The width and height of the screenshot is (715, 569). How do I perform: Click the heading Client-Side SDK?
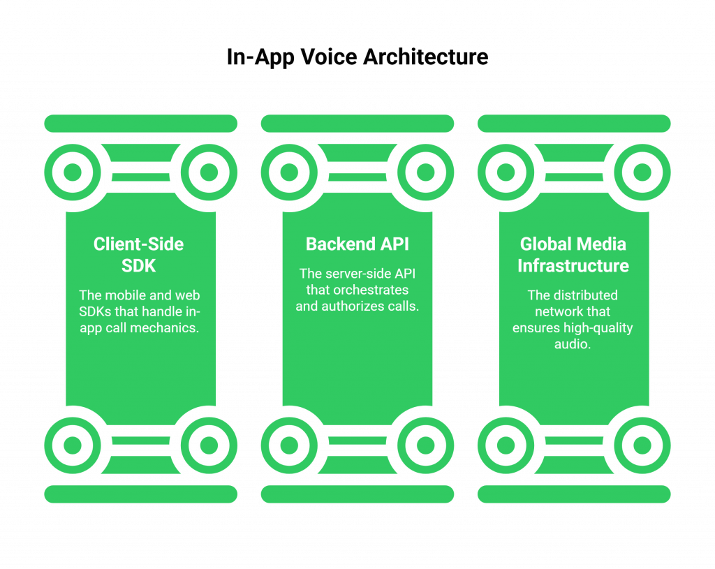139,255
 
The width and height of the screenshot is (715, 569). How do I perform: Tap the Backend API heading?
357,244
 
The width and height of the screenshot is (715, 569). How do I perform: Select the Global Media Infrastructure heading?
573,255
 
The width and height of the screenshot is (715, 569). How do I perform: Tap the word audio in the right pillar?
573,343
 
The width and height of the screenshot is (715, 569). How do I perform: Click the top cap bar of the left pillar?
140,124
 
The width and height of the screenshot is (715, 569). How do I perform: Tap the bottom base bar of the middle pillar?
357,494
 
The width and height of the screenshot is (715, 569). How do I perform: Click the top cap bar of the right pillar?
574,124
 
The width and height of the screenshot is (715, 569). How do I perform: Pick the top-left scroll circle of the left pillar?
73,172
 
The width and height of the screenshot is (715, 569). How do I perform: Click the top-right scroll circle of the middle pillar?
425,172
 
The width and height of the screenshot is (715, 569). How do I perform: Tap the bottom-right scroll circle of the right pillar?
642,445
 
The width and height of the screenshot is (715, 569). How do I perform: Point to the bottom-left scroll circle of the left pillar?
73,445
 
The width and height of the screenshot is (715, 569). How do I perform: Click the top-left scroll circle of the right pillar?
506,172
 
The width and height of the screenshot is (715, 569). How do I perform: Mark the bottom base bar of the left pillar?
140,494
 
